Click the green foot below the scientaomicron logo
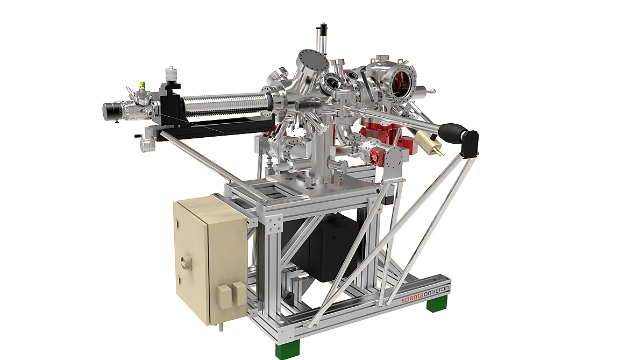coord(436,305)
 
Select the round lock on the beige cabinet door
coord(186,263)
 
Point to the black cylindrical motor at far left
coord(112,110)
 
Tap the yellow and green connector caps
coord(142,85)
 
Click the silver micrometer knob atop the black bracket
coord(172,73)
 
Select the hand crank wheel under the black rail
coord(146,144)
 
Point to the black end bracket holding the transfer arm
coord(471,143)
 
